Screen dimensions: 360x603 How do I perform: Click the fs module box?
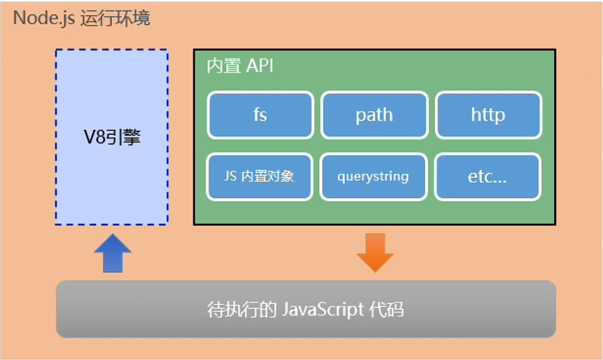pyautogui.click(x=259, y=115)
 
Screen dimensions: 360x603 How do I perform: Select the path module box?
pyautogui.click(x=373, y=115)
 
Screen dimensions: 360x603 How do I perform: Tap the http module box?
pyautogui.click(x=488, y=115)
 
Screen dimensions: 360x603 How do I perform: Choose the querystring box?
pyautogui.click(x=373, y=177)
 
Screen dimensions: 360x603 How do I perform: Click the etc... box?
pyautogui.click(x=488, y=177)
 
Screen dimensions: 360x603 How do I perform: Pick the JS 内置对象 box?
pyautogui.click(x=259, y=177)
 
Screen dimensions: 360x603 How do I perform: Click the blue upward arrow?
pyautogui.click(x=112, y=253)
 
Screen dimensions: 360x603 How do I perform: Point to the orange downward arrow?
pyautogui.click(x=375, y=252)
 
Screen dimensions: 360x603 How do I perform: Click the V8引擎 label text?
pyautogui.click(x=112, y=137)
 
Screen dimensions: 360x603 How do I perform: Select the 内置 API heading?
pyautogui.click(x=240, y=67)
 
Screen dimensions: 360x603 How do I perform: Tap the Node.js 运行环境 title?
pyautogui.click(x=81, y=17)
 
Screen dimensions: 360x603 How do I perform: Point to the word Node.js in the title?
pyautogui.click(x=43, y=17)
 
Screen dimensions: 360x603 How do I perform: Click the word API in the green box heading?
pyautogui.click(x=259, y=67)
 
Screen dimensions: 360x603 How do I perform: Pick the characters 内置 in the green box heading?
pyautogui.click(x=223, y=67)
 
